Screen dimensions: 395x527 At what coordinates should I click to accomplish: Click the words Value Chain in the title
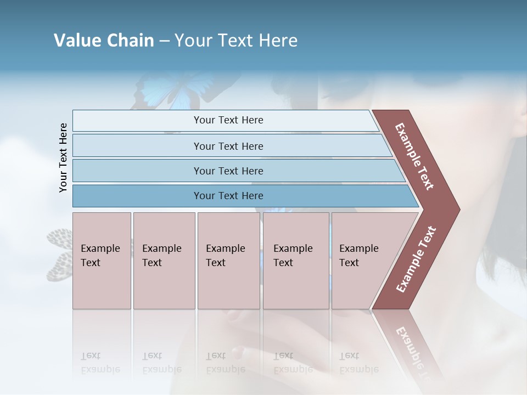(104, 41)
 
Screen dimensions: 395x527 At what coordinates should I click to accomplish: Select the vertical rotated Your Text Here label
(63, 157)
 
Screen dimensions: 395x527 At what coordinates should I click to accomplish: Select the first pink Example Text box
(102, 261)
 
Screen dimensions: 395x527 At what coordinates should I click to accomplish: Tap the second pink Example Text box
(164, 261)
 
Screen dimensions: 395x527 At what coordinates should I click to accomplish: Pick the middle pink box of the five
(228, 261)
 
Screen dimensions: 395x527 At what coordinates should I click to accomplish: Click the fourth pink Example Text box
(296, 261)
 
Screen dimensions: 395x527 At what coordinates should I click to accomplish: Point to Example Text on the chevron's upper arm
(414, 156)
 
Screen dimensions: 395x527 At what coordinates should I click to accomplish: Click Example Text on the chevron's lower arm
(416, 259)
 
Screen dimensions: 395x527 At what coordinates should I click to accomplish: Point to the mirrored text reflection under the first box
(100, 363)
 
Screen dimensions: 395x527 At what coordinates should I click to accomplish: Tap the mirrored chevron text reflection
(412, 346)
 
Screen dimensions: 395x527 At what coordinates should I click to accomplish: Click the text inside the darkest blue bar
(228, 196)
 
